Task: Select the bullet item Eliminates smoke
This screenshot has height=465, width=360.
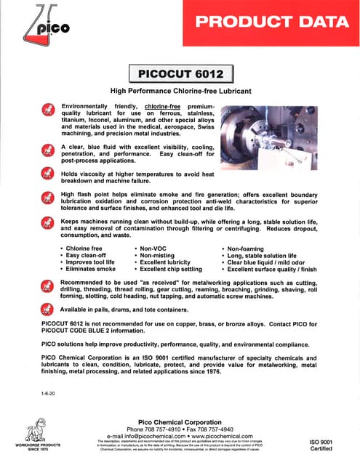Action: [90, 270]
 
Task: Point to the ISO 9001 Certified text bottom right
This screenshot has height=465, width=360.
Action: [321, 445]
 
